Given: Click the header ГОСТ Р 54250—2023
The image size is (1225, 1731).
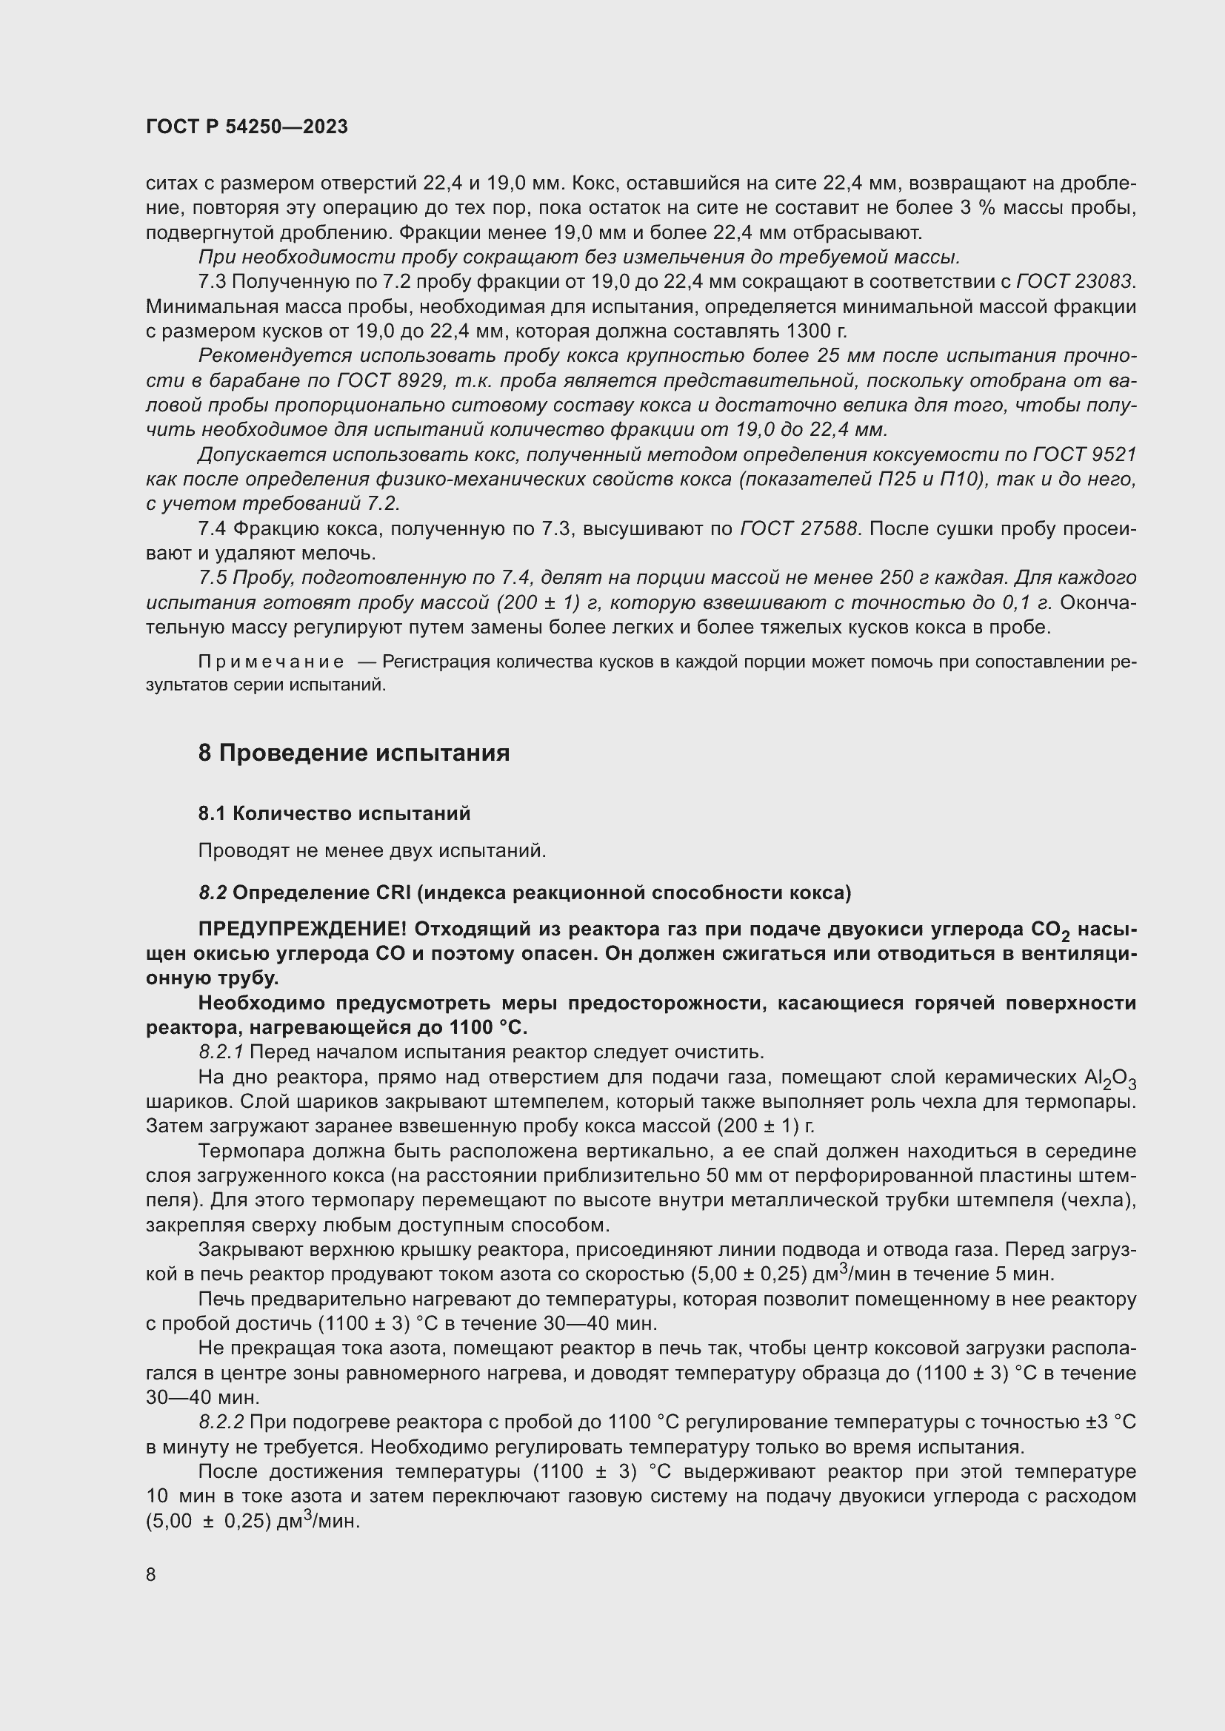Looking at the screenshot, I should pos(247,127).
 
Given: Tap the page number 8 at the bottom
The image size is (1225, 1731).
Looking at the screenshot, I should pos(151,1574).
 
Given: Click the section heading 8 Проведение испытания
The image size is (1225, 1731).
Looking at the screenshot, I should pos(354,753).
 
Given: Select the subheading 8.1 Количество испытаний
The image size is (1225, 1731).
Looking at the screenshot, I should pos(334,813).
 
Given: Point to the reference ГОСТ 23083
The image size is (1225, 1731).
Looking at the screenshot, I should pos(1075,281).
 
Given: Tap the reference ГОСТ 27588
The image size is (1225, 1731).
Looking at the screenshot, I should pos(799,529).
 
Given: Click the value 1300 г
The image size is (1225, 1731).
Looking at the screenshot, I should pos(816,331).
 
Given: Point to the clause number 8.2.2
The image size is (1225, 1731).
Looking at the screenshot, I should pos(221,1422).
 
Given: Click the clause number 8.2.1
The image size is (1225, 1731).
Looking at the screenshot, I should pos(221,1052).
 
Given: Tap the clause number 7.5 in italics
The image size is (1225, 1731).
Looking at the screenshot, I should pos(212,578).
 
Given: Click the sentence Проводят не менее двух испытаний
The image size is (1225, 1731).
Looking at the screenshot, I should pos(371,851).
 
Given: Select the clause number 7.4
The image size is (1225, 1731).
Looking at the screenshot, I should pos(212,529).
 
